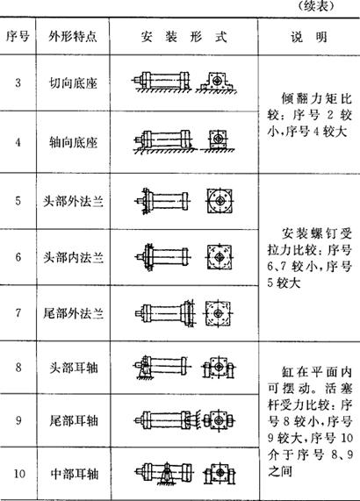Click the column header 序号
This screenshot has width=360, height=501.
18,37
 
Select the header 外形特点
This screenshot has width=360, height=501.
73,37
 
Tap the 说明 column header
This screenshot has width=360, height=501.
309,37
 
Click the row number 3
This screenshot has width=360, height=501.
18,83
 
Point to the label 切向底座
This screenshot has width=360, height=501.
73,83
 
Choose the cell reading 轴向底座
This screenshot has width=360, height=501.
73,142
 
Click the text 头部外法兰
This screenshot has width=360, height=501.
73,201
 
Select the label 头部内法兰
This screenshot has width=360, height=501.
73,258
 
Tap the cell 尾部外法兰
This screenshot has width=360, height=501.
73,313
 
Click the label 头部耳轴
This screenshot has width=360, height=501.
73,368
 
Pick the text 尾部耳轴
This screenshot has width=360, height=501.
73,420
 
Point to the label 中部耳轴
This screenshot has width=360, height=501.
74,474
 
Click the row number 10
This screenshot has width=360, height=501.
19,473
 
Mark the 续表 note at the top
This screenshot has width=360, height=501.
317,6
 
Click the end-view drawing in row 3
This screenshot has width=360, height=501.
217,82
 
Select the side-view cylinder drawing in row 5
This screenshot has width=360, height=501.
162,201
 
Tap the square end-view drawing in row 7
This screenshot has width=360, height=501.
218,313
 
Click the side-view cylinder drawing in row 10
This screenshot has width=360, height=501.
163,474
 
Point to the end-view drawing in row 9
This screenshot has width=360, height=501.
219,420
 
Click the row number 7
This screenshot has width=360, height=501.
18,312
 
